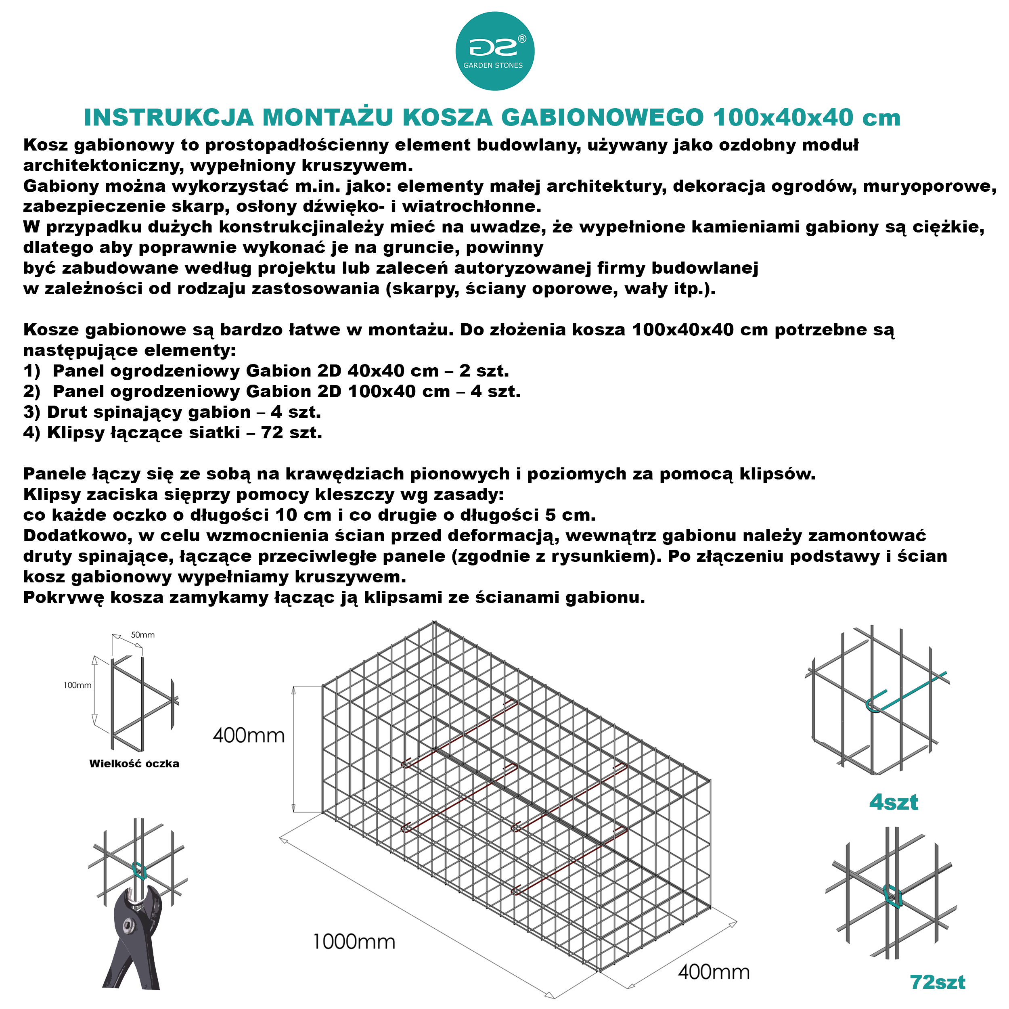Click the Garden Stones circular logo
coord(494,51)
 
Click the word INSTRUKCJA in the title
coord(169,117)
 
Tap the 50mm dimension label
coord(142,635)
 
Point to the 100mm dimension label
coord(77,685)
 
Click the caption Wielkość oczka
coord(134,764)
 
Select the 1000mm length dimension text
coord(354,942)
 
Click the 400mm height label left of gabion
coord(249,736)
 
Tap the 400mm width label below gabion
coord(714,972)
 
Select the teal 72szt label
coord(938,982)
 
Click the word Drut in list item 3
coord(69,412)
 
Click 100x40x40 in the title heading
coord(783,117)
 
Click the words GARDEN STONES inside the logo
coord(493,65)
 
